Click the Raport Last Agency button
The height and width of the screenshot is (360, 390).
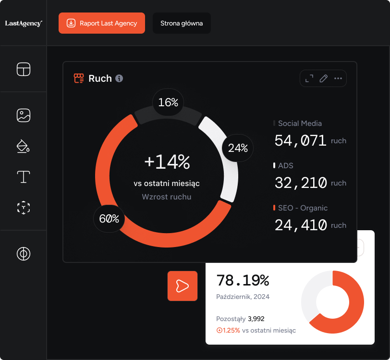[x=102, y=23]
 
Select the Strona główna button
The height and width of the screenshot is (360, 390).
[x=182, y=23]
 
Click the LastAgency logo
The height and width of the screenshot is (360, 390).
[x=24, y=23]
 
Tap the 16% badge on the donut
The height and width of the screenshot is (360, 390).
[x=168, y=102]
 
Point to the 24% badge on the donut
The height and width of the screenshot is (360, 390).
[x=238, y=148]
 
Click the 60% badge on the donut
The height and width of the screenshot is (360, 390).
[x=109, y=219]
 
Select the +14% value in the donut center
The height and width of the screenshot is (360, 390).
[x=167, y=162]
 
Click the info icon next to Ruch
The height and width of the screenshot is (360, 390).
[x=119, y=78]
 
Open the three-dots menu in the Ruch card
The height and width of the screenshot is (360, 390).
[x=338, y=78]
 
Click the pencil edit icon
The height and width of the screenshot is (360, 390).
[x=324, y=78]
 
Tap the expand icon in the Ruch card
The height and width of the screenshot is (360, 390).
[x=309, y=78]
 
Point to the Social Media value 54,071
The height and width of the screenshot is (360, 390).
[x=301, y=140]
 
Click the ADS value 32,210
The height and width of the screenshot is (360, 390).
[x=301, y=183]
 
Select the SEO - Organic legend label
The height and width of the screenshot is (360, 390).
[x=303, y=208]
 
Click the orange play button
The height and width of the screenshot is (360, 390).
[x=183, y=286]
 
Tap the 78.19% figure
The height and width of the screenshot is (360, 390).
[x=243, y=280]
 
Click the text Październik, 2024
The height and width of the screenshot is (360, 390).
[x=243, y=297]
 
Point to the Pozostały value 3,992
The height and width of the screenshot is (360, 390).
[x=256, y=319]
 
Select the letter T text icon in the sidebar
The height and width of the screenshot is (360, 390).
[x=24, y=177]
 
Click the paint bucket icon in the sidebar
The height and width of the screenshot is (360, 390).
[x=24, y=146]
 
